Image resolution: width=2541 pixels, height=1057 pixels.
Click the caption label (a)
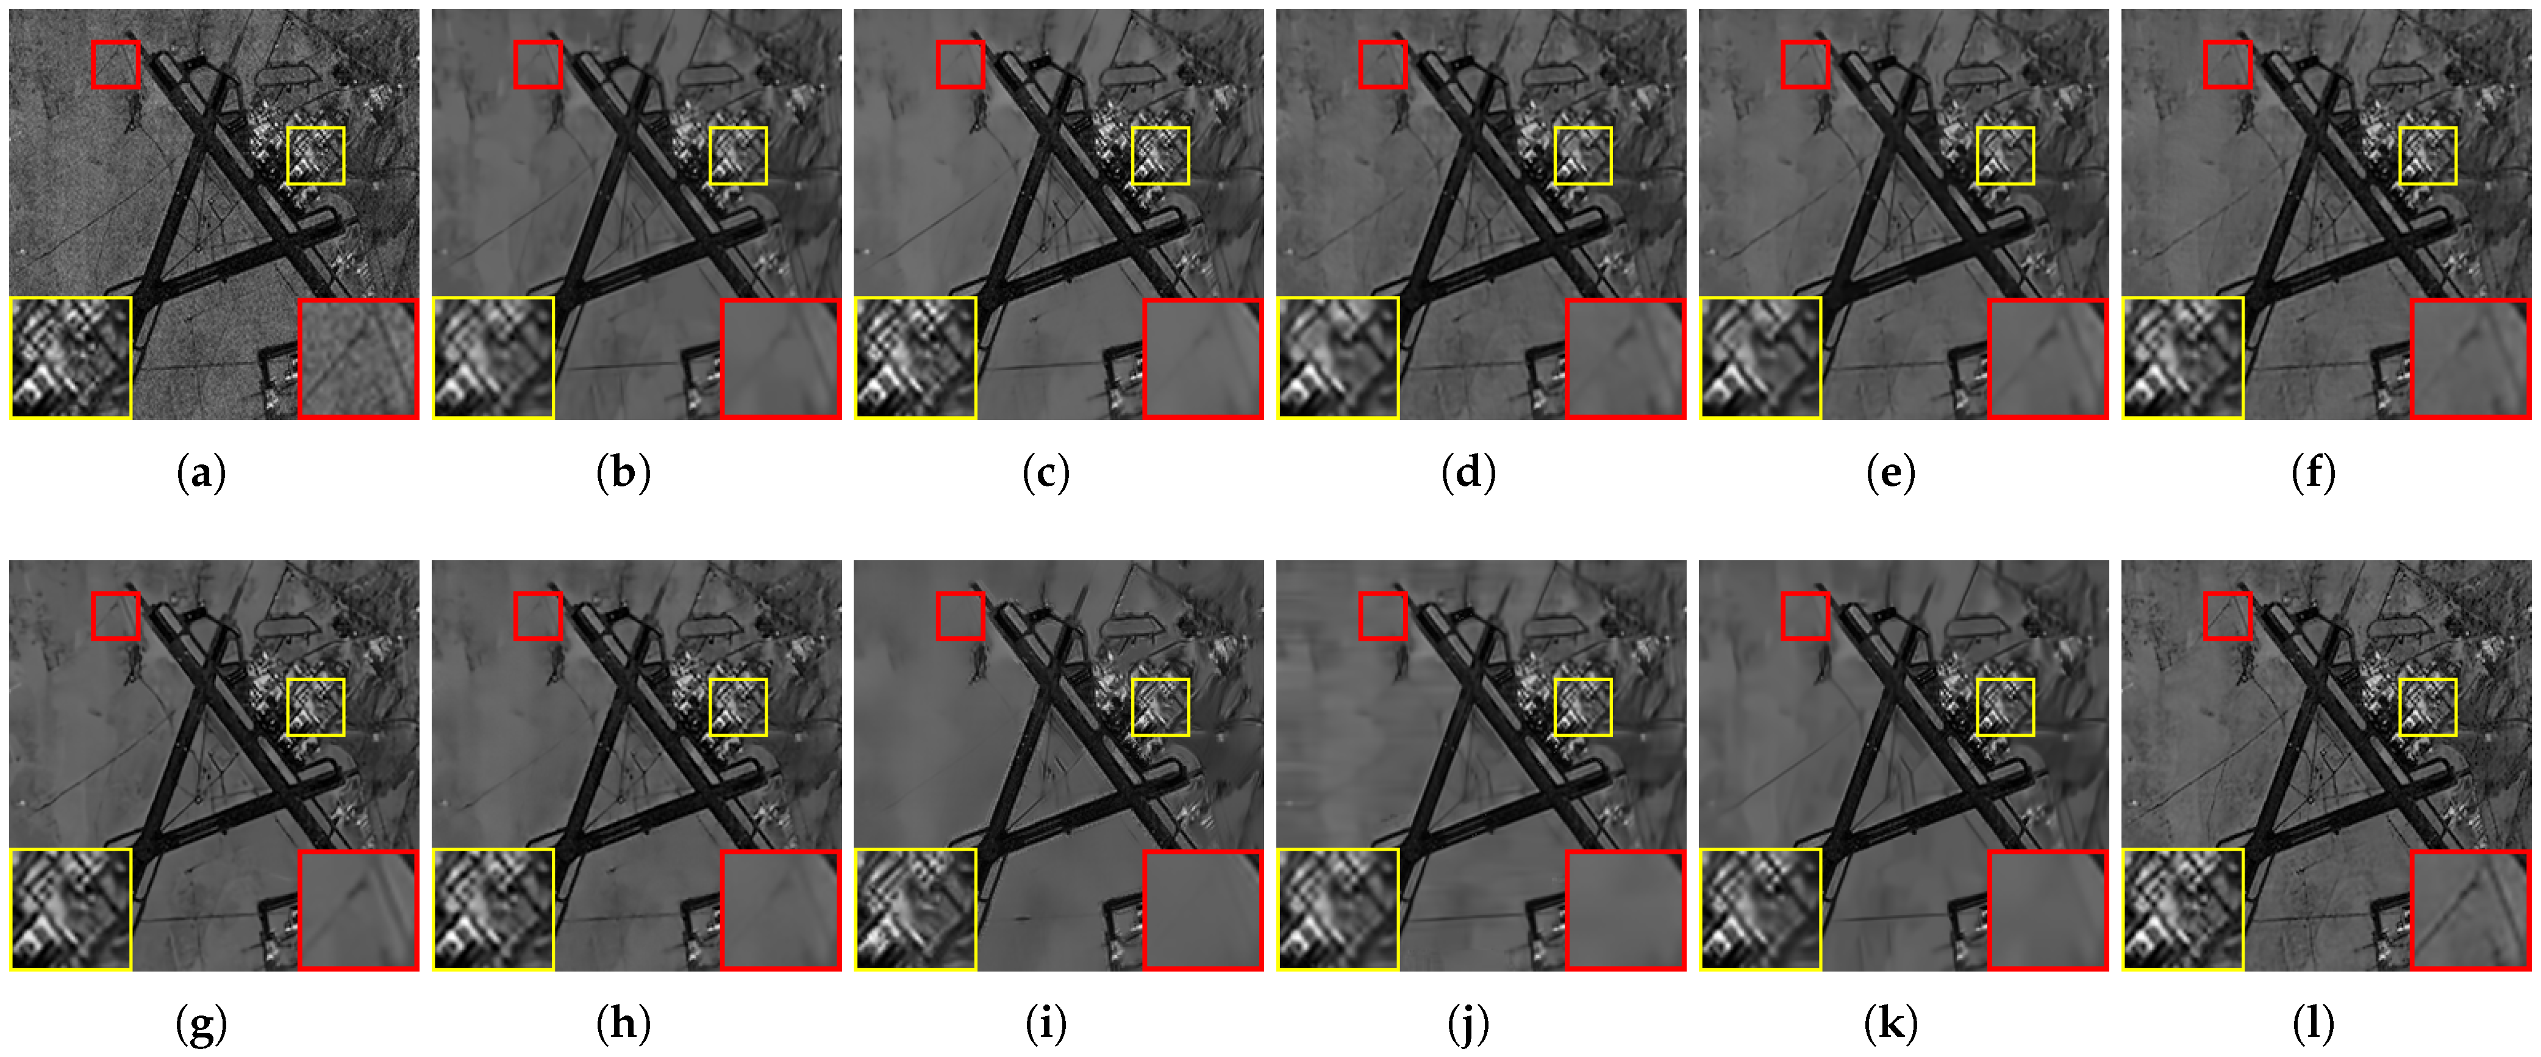click(x=201, y=474)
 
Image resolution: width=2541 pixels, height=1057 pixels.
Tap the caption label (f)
click(x=2313, y=474)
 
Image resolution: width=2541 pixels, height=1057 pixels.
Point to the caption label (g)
click(x=201, y=1025)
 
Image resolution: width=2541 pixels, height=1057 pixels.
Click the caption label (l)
click(x=2313, y=1025)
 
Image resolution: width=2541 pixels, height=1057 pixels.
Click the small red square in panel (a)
click(x=115, y=64)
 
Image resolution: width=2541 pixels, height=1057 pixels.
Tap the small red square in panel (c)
click(x=960, y=64)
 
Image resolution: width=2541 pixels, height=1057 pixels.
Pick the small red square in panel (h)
click(x=538, y=616)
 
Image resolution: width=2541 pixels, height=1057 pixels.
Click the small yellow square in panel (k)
click(x=2006, y=707)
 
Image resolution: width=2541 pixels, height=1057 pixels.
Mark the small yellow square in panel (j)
click(x=1583, y=707)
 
